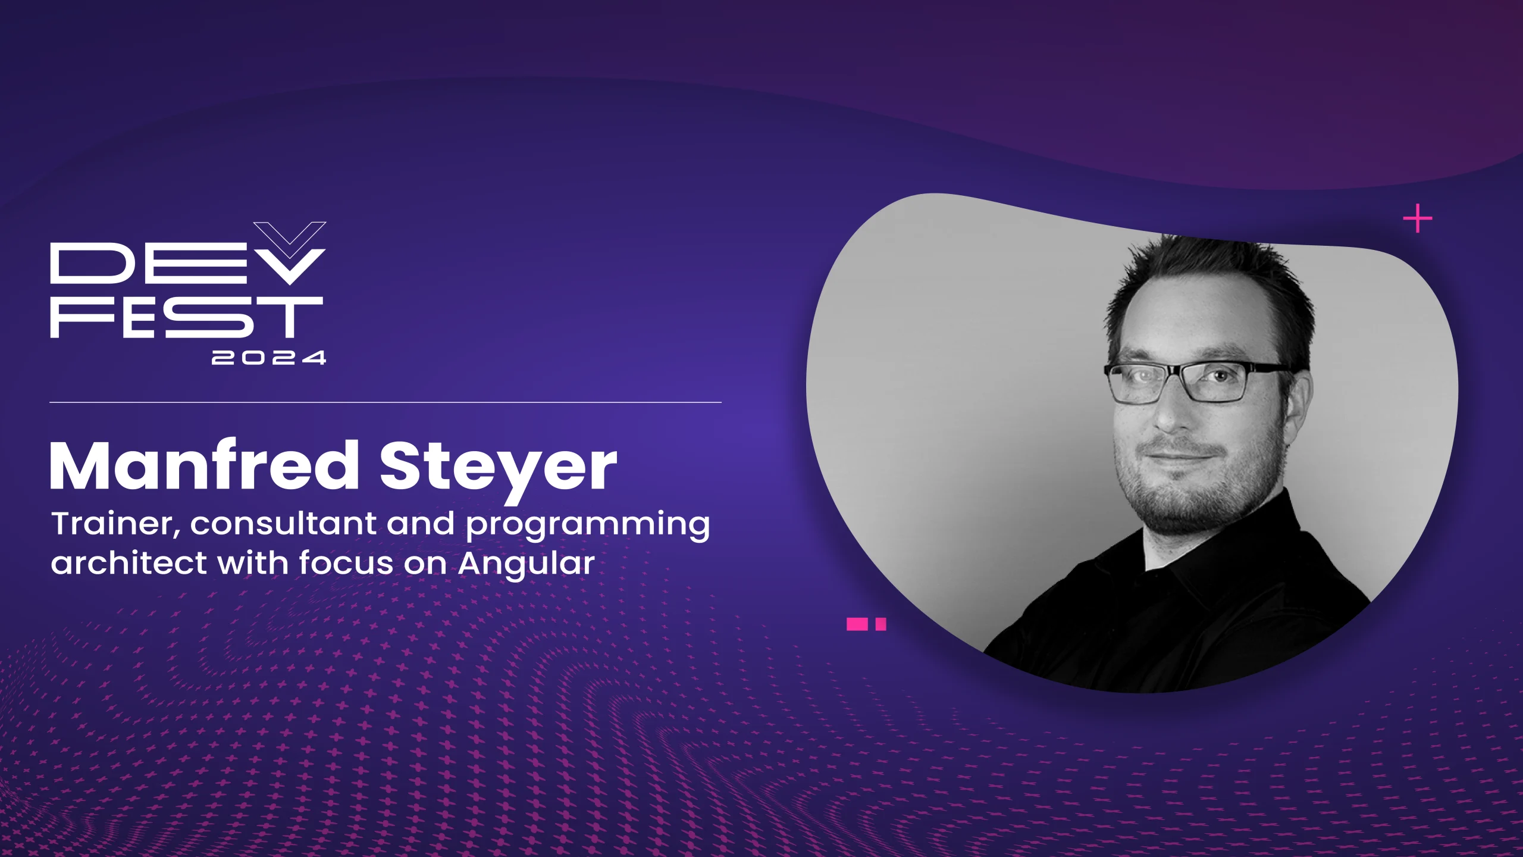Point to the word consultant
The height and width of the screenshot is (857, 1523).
tap(283, 524)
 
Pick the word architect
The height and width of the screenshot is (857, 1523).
tap(129, 563)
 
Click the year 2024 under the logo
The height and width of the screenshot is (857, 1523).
tap(269, 358)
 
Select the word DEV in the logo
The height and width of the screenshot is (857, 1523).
tap(178, 263)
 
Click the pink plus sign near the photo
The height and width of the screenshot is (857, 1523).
tap(1418, 218)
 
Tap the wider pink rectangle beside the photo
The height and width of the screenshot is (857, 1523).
tap(857, 624)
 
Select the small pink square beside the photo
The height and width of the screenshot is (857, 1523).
tap(881, 624)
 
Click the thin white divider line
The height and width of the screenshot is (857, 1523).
tap(386, 402)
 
